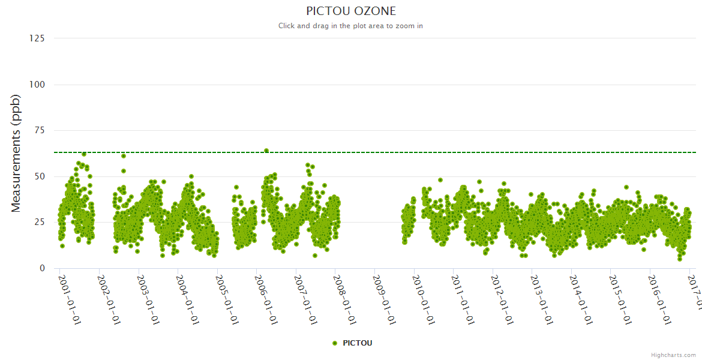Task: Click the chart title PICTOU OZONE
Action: coord(351,11)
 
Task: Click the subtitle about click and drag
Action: coord(351,26)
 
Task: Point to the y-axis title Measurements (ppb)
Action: coord(16,153)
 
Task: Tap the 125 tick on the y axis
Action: coord(37,38)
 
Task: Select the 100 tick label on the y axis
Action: coord(37,85)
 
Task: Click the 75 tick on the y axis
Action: coord(39,130)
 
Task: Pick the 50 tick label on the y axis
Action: coord(39,176)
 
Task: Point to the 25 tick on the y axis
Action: coord(39,223)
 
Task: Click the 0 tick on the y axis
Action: coord(41,268)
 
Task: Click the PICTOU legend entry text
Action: coord(358,343)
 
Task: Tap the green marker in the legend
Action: coord(335,343)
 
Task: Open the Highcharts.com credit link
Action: coord(673,355)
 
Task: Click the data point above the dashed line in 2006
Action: coord(266,151)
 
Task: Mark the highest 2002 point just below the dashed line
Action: coord(124,156)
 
